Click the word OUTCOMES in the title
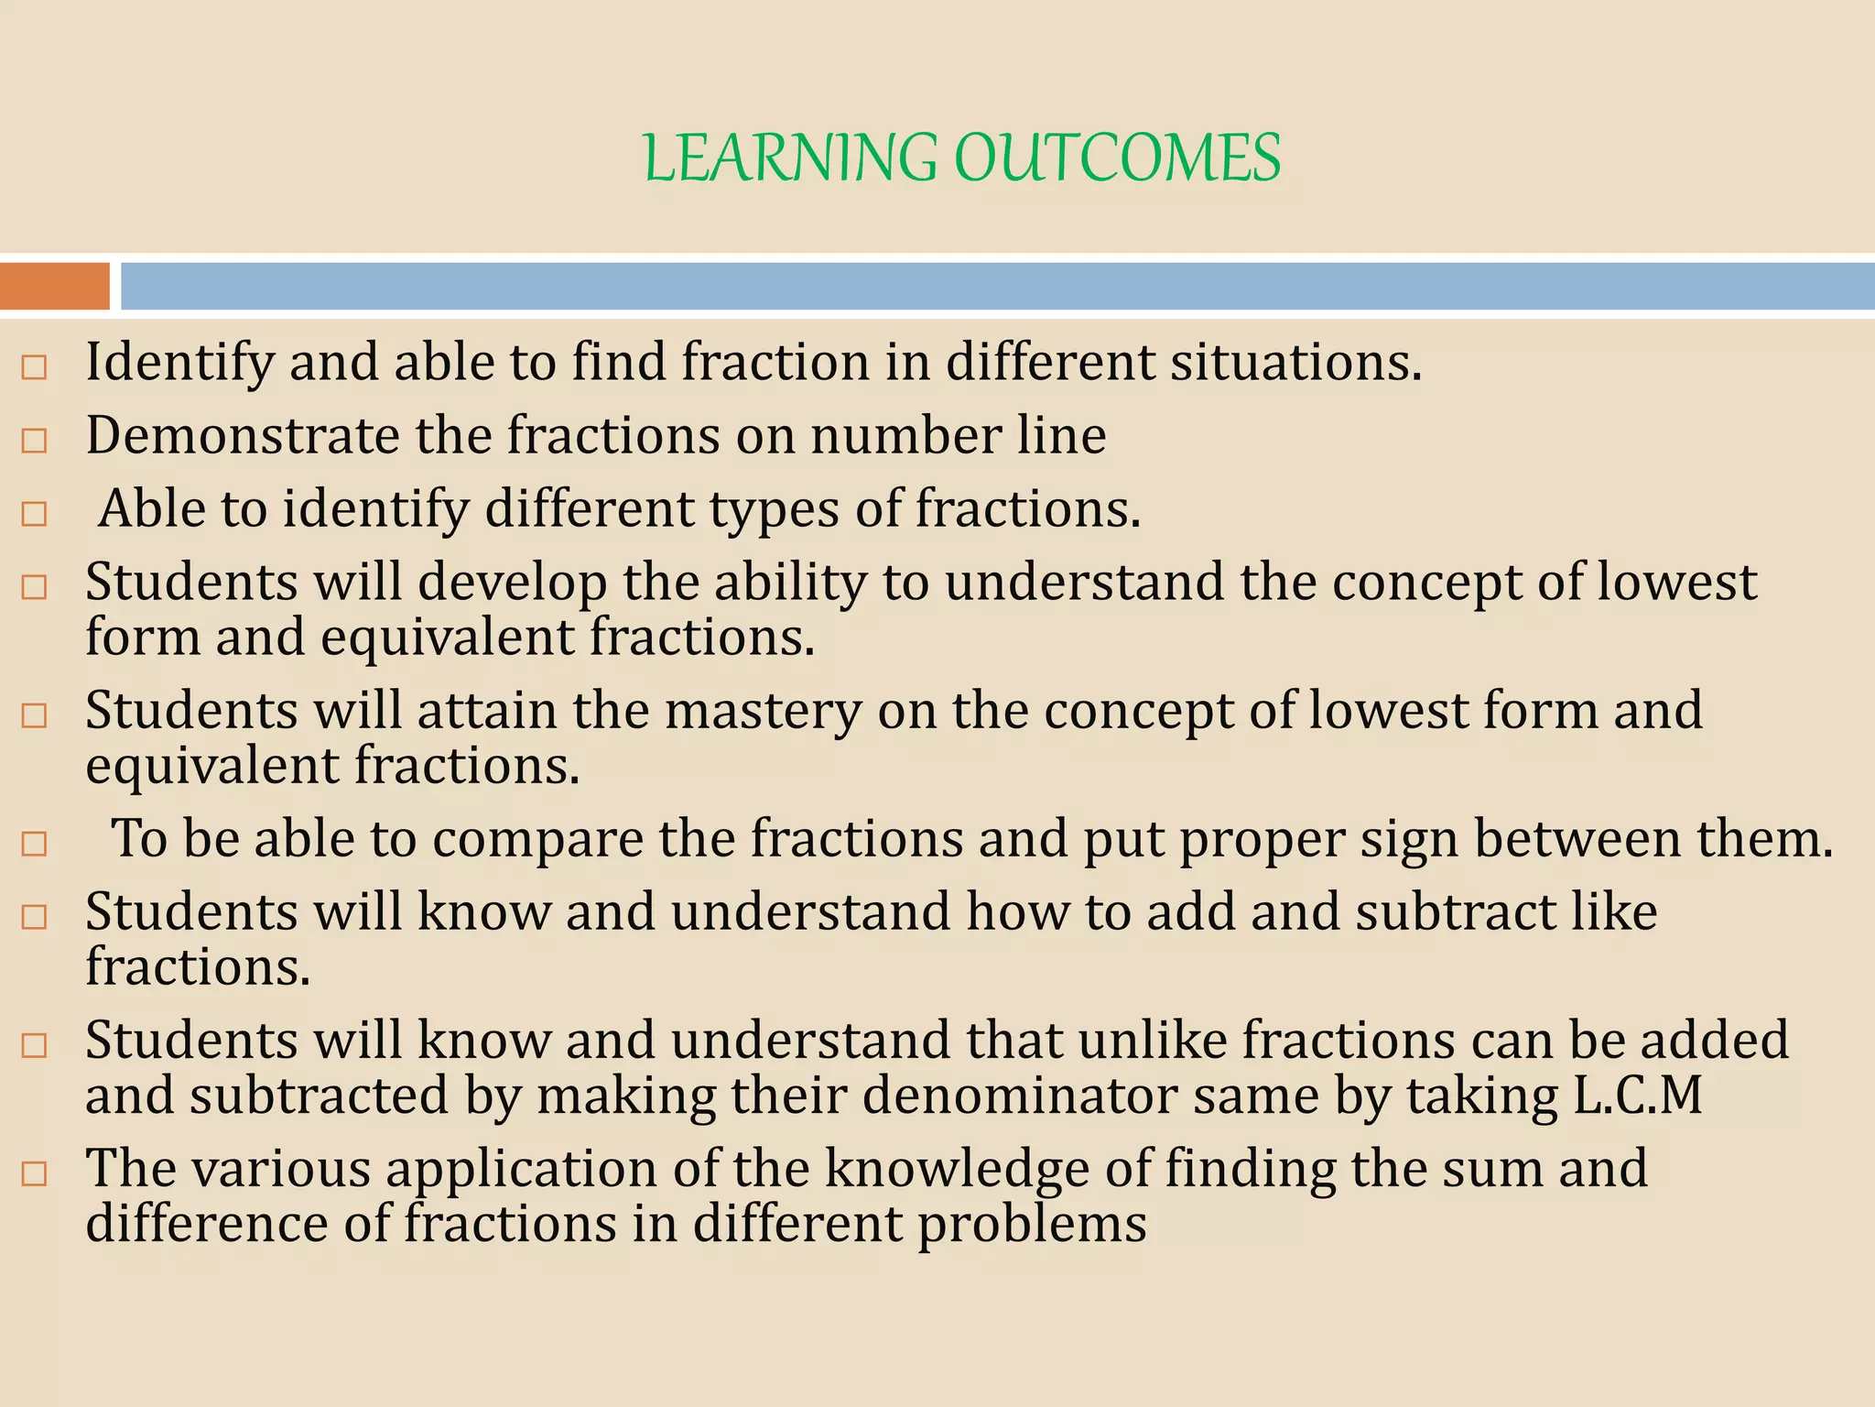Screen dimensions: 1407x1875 (x=1117, y=158)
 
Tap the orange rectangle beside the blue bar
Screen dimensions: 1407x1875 (x=54, y=286)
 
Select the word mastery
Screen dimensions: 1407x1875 (x=764, y=711)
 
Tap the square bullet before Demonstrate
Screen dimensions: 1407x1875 (x=34, y=441)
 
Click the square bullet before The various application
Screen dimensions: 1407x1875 (x=34, y=1173)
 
